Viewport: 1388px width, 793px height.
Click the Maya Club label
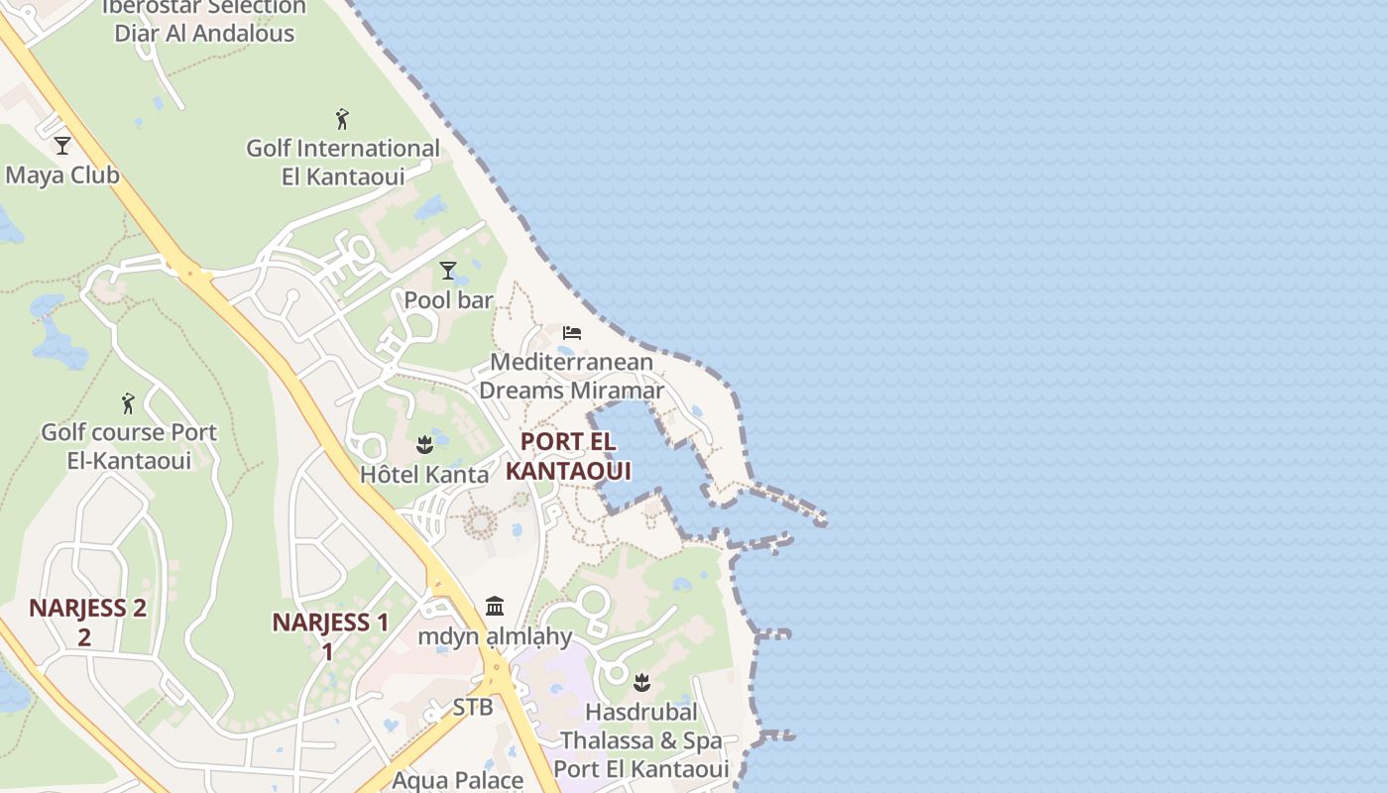(62, 175)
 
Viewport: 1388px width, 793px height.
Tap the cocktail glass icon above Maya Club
(62, 146)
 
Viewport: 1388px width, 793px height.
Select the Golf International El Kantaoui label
(343, 163)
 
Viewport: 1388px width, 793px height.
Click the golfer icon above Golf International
(342, 120)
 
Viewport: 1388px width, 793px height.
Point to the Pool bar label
(448, 299)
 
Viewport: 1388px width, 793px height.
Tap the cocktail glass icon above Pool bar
(448, 271)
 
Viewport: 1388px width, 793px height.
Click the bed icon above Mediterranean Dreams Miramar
(571, 332)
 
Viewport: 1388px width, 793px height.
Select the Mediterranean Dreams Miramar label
(571, 376)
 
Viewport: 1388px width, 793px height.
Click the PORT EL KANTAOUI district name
(568, 456)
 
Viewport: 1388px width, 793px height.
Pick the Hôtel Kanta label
(424, 475)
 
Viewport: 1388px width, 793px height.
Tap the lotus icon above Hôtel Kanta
(425, 445)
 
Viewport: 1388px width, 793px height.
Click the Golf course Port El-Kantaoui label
(128, 446)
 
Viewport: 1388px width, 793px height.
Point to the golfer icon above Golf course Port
(128, 403)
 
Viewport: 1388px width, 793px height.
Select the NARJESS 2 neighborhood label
(87, 622)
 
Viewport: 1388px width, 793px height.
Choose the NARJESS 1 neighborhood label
(330, 635)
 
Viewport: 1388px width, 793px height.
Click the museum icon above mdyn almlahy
(495, 606)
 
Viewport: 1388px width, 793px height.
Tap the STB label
(473, 708)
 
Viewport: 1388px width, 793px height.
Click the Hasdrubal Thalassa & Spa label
(641, 740)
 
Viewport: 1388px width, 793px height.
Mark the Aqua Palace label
(458, 780)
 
